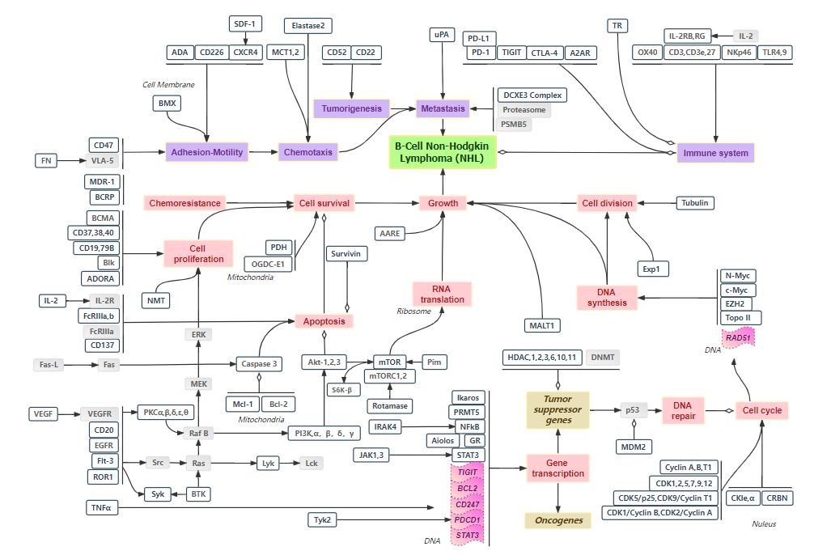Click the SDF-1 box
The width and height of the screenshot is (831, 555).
[x=243, y=23]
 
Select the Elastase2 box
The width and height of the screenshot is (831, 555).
[x=308, y=26]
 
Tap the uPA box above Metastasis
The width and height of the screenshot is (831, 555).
[x=441, y=35]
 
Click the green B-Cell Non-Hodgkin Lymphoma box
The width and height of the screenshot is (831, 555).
[x=443, y=152]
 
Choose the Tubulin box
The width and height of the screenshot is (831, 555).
[x=694, y=203]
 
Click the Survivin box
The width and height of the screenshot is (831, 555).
[x=346, y=253]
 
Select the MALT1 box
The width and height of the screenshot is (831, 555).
[x=542, y=325]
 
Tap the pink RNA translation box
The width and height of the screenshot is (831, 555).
[x=442, y=294]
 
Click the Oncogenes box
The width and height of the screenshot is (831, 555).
[x=558, y=520]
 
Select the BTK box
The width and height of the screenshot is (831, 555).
[x=198, y=494]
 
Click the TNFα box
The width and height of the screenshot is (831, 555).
[x=102, y=507]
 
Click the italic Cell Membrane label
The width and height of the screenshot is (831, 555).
[x=167, y=84]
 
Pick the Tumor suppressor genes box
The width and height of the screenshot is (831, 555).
[x=558, y=410]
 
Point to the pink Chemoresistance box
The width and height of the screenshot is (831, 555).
[x=184, y=203]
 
